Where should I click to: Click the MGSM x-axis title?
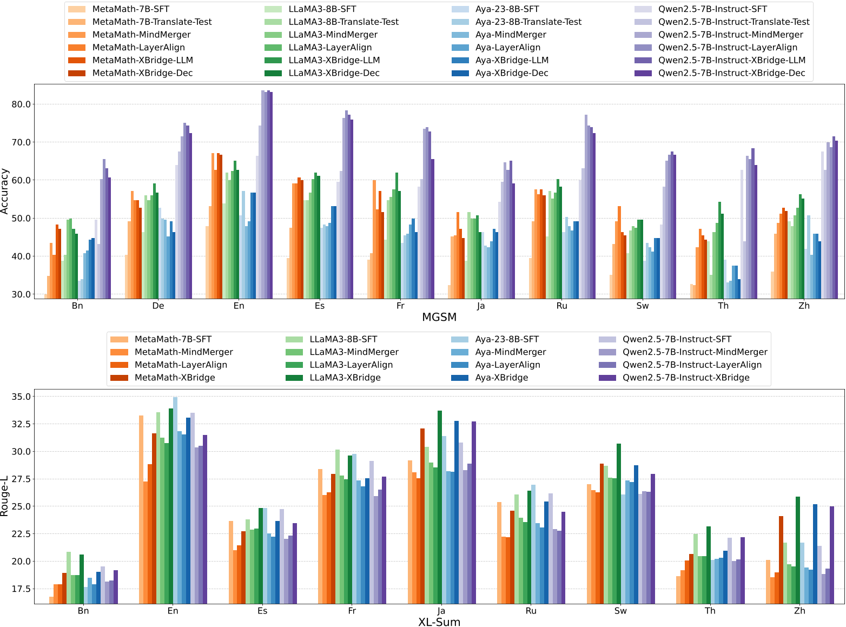pos(439,318)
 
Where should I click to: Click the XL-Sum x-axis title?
pos(439,622)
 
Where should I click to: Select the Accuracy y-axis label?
pos(5,191)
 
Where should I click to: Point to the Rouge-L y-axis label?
pos(5,496)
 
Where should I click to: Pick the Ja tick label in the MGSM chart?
pos(481,306)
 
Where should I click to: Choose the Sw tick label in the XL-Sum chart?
pos(620,611)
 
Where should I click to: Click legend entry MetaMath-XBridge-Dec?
pos(142,73)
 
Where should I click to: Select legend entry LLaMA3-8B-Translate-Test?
pos(343,22)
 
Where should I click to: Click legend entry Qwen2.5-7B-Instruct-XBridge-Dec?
pos(731,73)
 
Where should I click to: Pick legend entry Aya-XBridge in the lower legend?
pos(501,378)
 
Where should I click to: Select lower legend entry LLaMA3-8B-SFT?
pos(343,339)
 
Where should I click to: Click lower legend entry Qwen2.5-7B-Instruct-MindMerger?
pos(695,352)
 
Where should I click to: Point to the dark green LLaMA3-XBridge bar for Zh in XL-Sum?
pos(798,550)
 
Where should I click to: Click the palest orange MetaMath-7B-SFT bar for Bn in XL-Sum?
pos(51,600)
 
